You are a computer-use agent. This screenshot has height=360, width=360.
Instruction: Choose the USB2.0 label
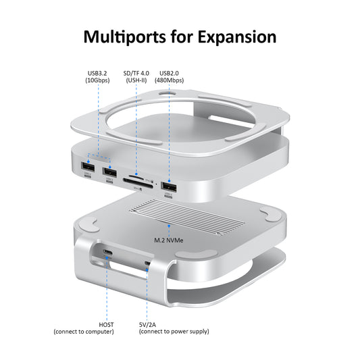(171, 73)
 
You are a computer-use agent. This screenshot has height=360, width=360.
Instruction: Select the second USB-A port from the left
(109, 172)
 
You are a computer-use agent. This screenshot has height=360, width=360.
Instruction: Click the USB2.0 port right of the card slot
(168, 186)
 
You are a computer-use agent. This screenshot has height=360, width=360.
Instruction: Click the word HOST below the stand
(106, 324)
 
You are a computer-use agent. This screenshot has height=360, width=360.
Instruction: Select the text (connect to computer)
(84, 332)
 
